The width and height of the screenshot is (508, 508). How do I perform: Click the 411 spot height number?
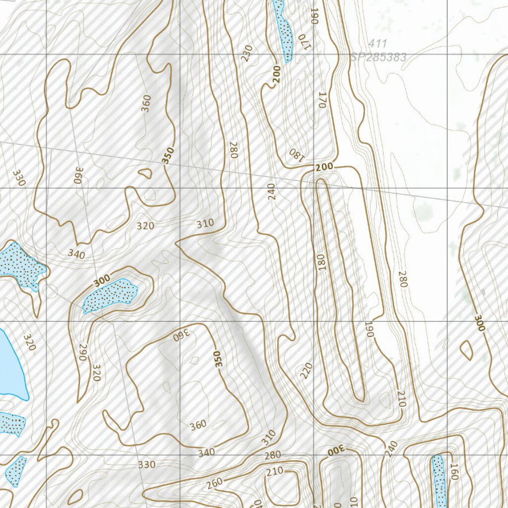pyautogui.click(x=378, y=44)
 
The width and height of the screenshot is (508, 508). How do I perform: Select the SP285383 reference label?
pyautogui.click(x=379, y=58)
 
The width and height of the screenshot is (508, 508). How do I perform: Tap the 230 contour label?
pyautogui.click(x=247, y=53)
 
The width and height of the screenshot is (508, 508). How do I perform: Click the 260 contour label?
pyautogui.click(x=215, y=483)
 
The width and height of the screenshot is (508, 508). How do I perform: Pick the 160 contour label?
pyautogui.click(x=453, y=472)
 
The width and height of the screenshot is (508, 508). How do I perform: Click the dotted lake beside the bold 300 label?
pyautogui.click(x=110, y=295)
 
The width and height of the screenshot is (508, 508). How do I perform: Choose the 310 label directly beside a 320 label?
pyautogui.click(x=205, y=224)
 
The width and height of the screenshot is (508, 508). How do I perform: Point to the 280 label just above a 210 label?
pyautogui.click(x=272, y=455)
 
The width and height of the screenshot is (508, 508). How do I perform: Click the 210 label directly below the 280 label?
pyautogui.click(x=274, y=470)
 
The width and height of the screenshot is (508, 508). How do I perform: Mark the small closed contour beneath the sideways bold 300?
pyautogui.click(x=466, y=350)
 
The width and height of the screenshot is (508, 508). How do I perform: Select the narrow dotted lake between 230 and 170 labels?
pyautogui.click(x=283, y=30)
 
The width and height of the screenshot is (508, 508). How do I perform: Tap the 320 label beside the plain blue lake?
pyautogui.click(x=29, y=343)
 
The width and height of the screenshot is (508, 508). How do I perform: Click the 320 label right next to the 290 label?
pyautogui.click(x=96, y=372)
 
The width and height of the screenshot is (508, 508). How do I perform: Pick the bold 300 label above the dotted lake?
pyautogui.click(x=102, y=281)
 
